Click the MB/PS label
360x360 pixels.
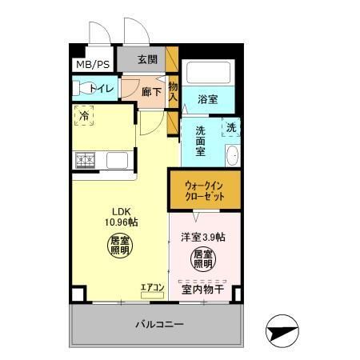pyautogui.click(x=93, y=65)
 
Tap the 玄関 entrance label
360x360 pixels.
pyautogui.click(x=147, y=59)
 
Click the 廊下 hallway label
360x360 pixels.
pyautogui.click(x=150, y=92)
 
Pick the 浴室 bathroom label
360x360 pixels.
pyautogui.click(x=208, y=99)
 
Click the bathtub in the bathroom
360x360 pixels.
pyautogui.click(x=208, y=74)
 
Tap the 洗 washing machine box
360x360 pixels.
pyautogui.click(x=230, y=127)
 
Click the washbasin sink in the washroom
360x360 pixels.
pyautogui.click(x=232, y=154)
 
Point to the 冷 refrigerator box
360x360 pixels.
pyautogui.click(x=85, y=116)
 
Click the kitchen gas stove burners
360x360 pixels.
pyautogui.click(x=86, y=159)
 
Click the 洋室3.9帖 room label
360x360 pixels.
pyautogui.click(x=202, y=237)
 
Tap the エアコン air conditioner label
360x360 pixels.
pyautogui.click(x=152, y=287)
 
